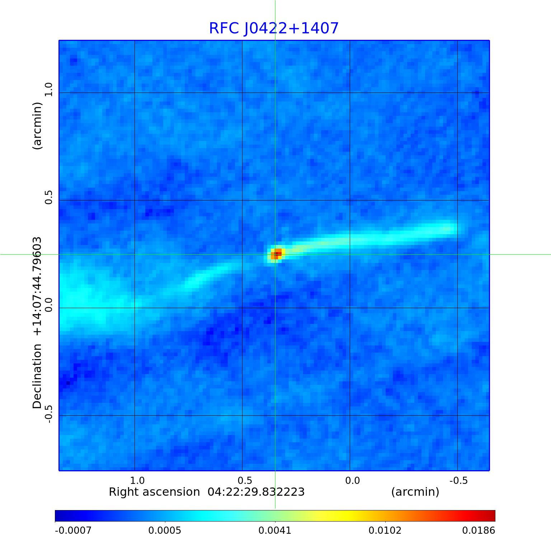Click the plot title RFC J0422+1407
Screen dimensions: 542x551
[274, 28]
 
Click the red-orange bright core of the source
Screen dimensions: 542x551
[276, 254]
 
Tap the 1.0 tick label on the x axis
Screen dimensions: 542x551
[137, 481]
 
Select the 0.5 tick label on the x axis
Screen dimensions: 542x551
[245, 481]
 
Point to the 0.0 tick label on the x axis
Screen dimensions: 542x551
[352, 481]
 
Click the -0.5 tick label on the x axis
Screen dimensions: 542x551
[458, 481]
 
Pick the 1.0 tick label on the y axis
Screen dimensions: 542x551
[48, 89]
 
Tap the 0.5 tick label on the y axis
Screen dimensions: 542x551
[48, 197]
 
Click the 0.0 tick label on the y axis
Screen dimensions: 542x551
[48, 305]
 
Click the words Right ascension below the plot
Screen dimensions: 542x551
[154, 492]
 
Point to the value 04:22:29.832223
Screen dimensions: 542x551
[256, 492]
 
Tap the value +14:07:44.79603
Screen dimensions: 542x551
[37, 286]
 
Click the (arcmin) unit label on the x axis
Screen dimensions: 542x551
[415, 492]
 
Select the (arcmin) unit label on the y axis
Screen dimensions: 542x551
[37, 126]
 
